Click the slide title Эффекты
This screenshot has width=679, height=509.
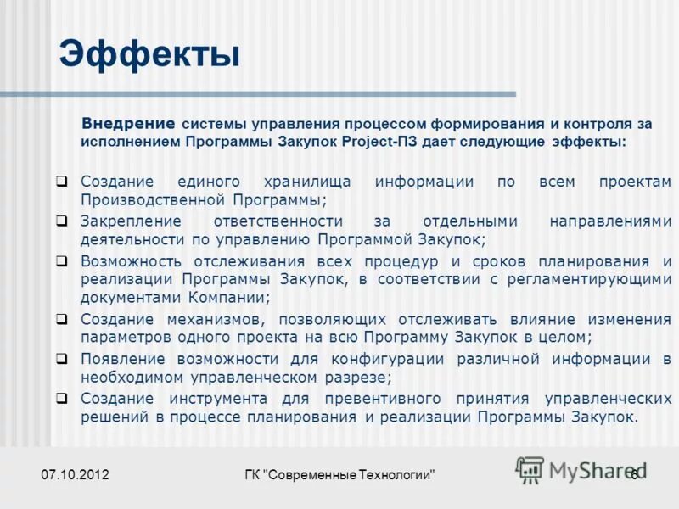149,55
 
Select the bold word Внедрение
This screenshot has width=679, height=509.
127,123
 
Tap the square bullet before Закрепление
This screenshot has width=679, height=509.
62,221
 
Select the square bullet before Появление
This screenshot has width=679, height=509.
62,358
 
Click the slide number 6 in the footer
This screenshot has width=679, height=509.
633,475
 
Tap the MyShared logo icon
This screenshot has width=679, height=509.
530,468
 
